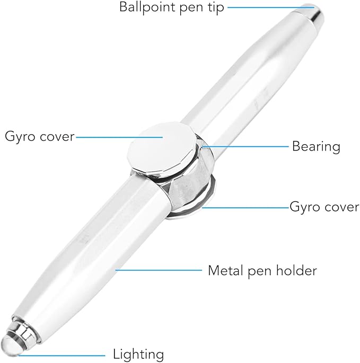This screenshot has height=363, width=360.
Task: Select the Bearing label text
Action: coord(316,146)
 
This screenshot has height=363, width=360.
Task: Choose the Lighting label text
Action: coord(138,354)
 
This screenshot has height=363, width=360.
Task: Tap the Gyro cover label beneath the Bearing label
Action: coord(324,206)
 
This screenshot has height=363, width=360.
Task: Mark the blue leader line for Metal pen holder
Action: coord(159,270)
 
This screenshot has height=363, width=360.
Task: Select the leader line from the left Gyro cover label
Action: coord(119,136)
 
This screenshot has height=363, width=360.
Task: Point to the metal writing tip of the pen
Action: coord(312,13)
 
